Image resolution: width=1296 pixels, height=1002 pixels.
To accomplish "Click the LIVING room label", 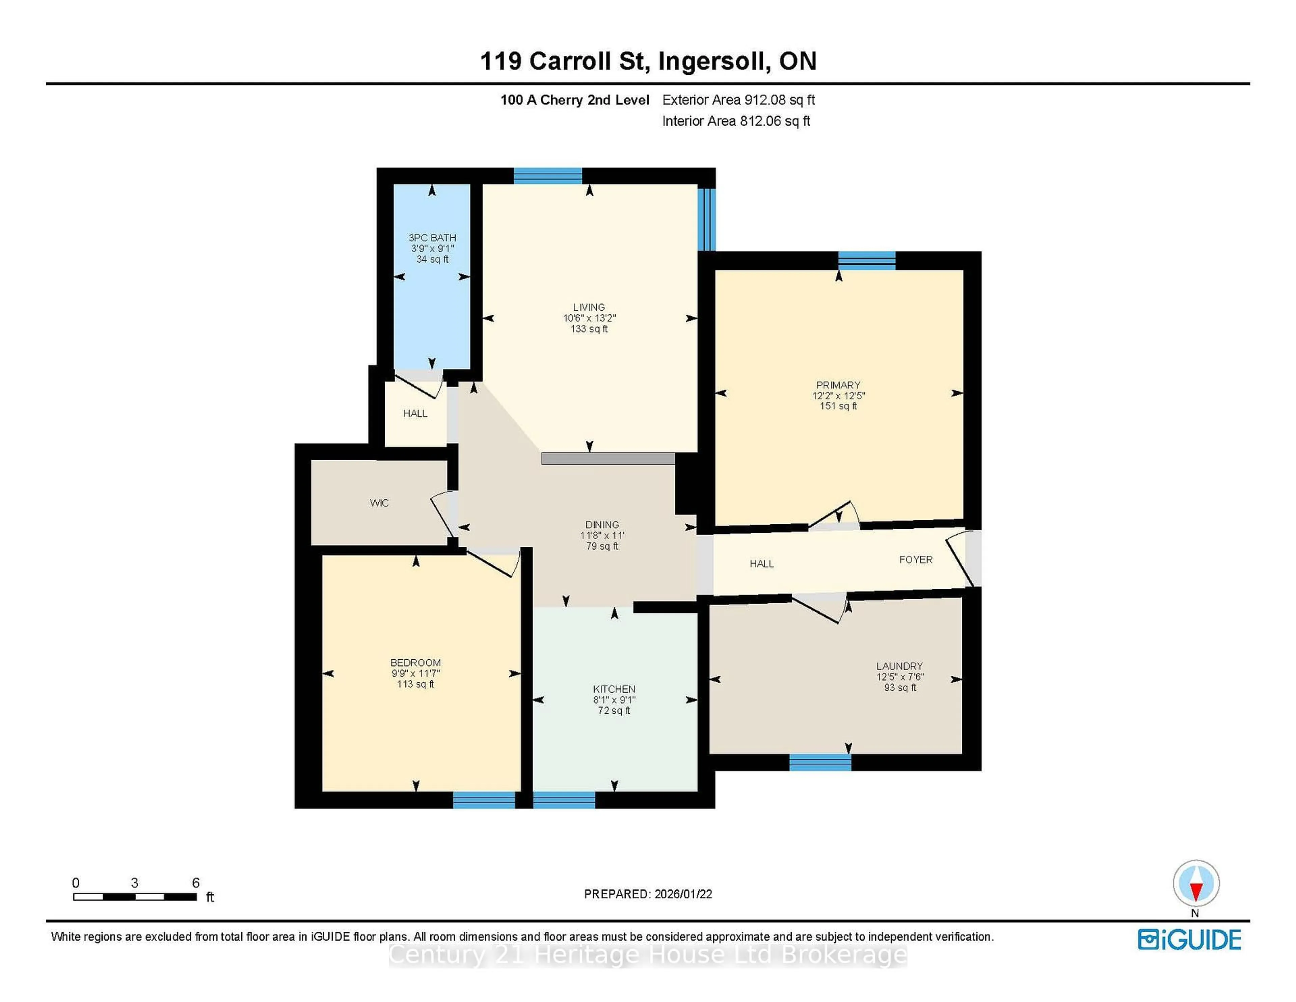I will click(x=589, y=307).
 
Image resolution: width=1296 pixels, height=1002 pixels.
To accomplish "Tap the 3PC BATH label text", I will click(x=432, y=237).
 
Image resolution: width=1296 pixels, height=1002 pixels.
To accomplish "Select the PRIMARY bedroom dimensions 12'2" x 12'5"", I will click(x=838, y=395).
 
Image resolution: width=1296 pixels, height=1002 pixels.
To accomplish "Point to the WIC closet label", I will click(x=379, y=503).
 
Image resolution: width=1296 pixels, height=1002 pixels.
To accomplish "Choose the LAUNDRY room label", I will click(x=899, y=666).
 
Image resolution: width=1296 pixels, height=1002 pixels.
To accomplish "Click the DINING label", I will click(x=602, y=524).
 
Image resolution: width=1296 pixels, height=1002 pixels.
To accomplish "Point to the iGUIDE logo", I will click(x=1189, y=940).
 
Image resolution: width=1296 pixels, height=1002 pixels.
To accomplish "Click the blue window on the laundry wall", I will click(x=820, y=762).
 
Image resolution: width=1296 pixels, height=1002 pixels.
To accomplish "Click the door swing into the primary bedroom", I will click(x=834, y=515).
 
